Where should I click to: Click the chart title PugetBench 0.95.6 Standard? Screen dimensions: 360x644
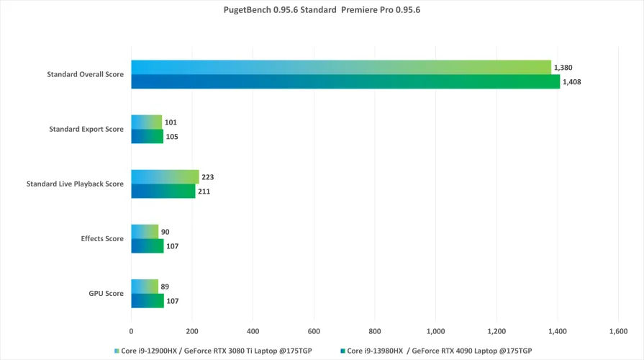click(x=322, y=11)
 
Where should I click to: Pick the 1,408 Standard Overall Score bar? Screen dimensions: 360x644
click(x=345, y=81)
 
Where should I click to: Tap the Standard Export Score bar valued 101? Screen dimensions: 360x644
click(x=146, y=122)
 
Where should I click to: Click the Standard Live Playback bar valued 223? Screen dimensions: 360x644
click(x=165, y=177)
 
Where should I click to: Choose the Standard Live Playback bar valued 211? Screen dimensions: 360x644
click(x=163, y=191)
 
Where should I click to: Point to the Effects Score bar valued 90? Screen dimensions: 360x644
click(x=145, y=232)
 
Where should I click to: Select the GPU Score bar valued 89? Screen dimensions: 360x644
click(x=145, y=287)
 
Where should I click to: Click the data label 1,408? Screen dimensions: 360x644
click(x=572, y=82)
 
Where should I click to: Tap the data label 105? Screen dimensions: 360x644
click(x=172, y=137)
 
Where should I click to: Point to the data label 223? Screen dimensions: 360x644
click(x=209, y=177)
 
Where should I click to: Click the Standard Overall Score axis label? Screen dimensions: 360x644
click(x=85, y=74)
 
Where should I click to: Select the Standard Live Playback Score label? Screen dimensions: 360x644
click(x=75, y=184)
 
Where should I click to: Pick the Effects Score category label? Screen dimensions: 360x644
click(x=104, y=238)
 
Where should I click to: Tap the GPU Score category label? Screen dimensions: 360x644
click(x=106, y=293)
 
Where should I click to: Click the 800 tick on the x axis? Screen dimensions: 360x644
click(x=374, y=331)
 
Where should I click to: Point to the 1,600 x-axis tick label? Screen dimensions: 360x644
click(x=618, y=331)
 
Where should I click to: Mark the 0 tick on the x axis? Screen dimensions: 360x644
click(x=131, y=331)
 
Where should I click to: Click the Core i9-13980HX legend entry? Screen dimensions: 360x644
click(x=439, y=351)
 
